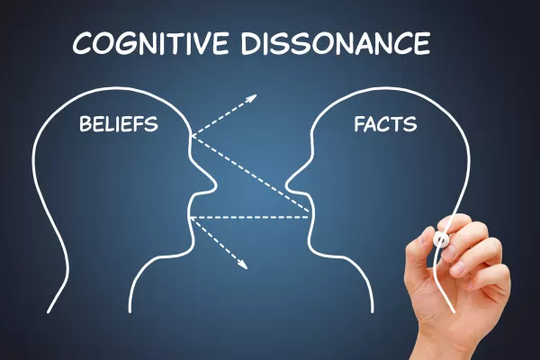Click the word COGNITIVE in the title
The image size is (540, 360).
coord(150,43)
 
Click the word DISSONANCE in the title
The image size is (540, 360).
coord(336,43)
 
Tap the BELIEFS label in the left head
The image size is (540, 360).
coord(119,123)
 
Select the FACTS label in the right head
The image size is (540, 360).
coord(385,123)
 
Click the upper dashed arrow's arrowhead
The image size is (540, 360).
coord(251,98)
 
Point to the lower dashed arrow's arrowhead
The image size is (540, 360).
coord(242,264)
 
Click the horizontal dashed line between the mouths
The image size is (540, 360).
coord(248,218)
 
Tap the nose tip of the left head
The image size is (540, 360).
coord(215,187)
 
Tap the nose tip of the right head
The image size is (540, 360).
coord(287,186)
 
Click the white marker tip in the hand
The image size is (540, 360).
coord(441,238)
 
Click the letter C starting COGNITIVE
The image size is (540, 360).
coord(82,44)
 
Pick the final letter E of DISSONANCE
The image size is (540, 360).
coord(422,43)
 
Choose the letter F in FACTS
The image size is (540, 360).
coord(360,124)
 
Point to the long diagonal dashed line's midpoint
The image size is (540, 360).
coord(250,174)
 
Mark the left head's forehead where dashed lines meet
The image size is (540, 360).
coord(191,137)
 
